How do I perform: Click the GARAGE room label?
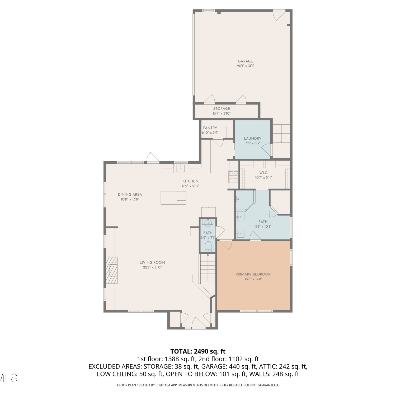click(x=246, y=61)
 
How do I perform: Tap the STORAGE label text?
click(x=221, y=109)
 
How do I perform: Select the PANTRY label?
click(x=210, y=128)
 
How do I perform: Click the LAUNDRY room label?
click(x=253, y=138)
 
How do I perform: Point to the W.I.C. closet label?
click(x=263, y=173)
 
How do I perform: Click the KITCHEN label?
click(x=190, y=181)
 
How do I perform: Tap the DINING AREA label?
click(x=130, y=195)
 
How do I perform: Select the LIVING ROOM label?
click(x=152, y=262)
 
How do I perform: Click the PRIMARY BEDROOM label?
click(x=253, y=274)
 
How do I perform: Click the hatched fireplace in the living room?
click(x=112, y=270)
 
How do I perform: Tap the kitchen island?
click(x=173, y=198)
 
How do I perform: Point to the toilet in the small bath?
click(x=208, y=246)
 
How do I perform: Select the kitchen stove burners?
click(x=233, y=177)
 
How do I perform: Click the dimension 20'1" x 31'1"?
click(x=246, y=66)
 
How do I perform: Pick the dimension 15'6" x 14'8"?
click(x=253, y=279)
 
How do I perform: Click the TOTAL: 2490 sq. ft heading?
click(x=198, y=351)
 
